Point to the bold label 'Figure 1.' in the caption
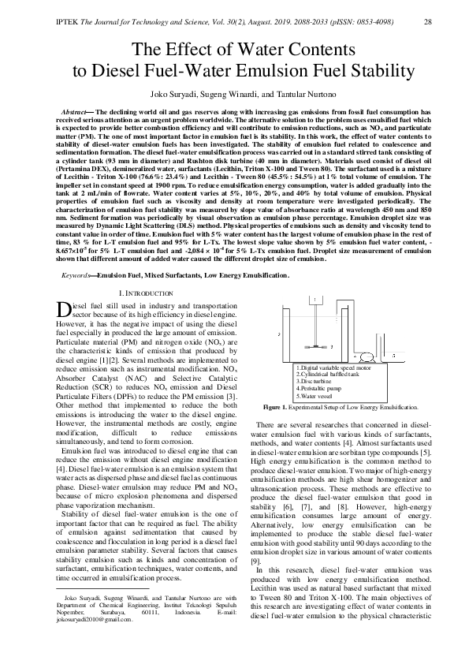[276, 408]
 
